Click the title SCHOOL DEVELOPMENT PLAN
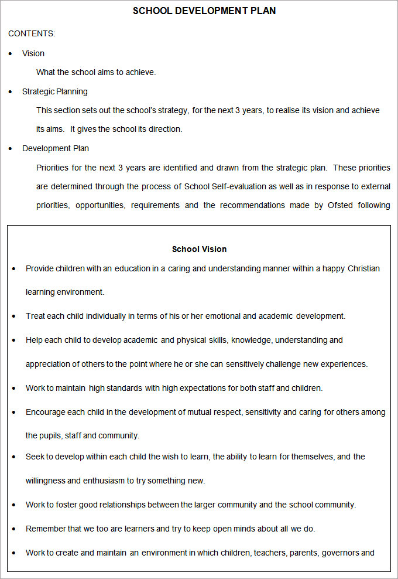(x=204, y=11)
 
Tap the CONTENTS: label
(x=32, y=33)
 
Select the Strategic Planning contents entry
(x=55, y=91)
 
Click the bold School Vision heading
(x=199, y=249)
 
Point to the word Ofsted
(x=340, y=205)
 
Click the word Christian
(x=363, y=268)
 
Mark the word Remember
(x=46, y=529)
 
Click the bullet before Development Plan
(x=11, y=149)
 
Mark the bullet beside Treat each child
(x=14, y=316)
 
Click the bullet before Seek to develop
(x=14, y=457)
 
